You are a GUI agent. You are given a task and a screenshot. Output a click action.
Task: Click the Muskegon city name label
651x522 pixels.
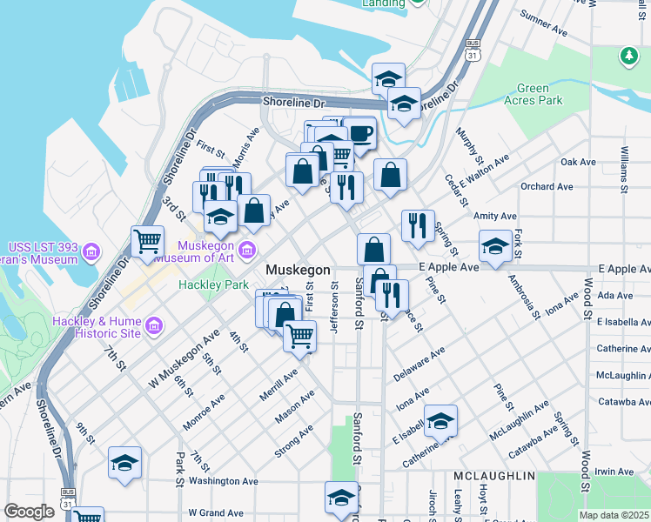(x=298, y=270)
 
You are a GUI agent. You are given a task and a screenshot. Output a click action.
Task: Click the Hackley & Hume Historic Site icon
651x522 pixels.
(x=153, y=326)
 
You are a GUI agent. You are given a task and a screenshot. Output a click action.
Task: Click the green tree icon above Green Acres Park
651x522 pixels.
(x=628, y=57)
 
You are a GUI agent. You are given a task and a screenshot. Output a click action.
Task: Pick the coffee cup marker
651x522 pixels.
(x=359, y=135)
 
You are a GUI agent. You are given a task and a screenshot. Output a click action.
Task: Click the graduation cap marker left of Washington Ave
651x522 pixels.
(x=124, y=462)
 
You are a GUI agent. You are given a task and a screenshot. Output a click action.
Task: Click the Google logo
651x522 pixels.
(x=29, y=512)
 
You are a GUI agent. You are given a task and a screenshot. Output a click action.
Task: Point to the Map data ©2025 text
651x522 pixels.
(x=614, y=515)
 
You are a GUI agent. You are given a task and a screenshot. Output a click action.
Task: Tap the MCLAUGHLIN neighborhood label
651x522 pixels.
(x=493, y=477)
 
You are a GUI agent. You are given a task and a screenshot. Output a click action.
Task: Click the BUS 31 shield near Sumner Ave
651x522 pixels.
(x=473, y=50)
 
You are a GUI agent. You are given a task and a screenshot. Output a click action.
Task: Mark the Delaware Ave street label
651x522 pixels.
(x=419, y=364)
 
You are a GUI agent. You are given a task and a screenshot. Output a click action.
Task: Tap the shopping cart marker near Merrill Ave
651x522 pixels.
(x=300, y=335)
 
